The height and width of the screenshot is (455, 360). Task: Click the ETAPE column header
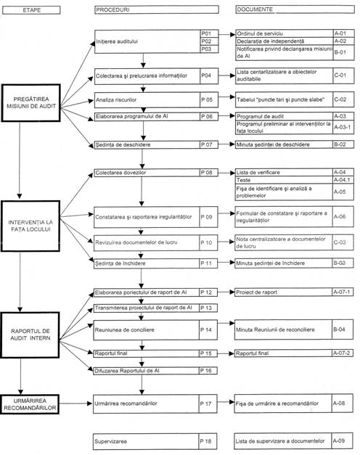pyautogui.click(x=31, y=10)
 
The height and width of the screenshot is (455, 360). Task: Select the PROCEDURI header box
pyautogui.click(x=157, y=9)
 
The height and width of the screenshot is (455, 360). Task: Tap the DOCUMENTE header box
pyautogui.click(x=295, y=9)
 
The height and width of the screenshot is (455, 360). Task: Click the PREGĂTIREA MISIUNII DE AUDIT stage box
pyautogui.click(x=31, y=103)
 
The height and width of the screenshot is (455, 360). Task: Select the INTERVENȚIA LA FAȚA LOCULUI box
pyautogui.click(x=30, y=226)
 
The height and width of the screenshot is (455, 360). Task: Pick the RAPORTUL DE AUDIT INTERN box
pyautogui.click(x=30, y=335)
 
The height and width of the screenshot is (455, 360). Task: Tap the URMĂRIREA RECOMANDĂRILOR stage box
pyautogui.click(x=30, y=404)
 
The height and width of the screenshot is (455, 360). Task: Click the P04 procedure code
pyautogui.click(x=206, y=75)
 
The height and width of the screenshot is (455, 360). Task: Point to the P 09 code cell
pyautogui.click(x=206, y=217)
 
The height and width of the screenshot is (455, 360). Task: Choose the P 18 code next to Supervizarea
pyautogui.click(x=206, y=441)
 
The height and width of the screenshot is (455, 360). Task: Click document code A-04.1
pyautogui.click(x=342, y=180)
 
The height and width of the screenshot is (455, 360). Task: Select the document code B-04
pyautogui.click(x=339, y=329)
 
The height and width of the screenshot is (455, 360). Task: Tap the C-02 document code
pyautogui.click(x=340, y=99)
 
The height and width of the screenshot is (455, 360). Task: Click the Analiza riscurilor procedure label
pyautogui.click(x=116, y=100)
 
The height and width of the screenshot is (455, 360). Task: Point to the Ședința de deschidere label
pyautogui.click(x=123, y=144)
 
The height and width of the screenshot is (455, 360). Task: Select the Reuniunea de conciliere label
pyautogui.click(x=124, y=329)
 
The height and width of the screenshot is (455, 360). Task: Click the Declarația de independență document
pyautogui.click(x=270, y=41)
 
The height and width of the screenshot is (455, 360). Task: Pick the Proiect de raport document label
pyautogui.click(x=257, y=292)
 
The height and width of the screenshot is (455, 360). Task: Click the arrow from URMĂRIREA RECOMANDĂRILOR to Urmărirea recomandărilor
pyautogui.click(x=75, y=403)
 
